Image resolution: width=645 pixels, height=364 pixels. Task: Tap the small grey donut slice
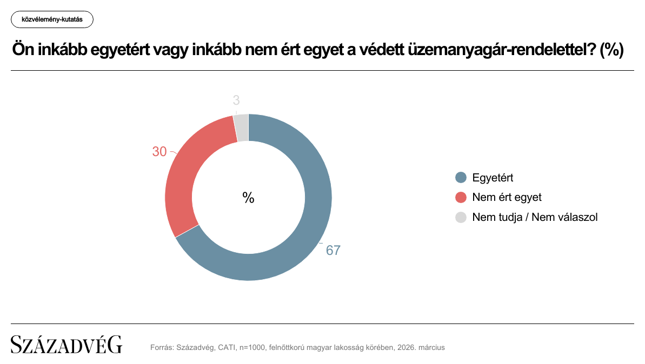[242, 127]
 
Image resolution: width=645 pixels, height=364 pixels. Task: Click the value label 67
[333, 251]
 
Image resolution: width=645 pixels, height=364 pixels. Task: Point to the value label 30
[159, 152]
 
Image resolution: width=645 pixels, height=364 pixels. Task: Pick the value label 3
[236, 100]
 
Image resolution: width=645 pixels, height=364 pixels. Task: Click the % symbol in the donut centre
[248, 198]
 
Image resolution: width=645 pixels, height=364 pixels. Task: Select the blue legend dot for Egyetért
[461, 178]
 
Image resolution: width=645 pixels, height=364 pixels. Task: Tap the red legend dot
[461, 197]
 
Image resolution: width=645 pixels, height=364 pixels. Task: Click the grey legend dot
[461, 217]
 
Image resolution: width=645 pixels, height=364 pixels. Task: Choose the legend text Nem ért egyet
[507, 197]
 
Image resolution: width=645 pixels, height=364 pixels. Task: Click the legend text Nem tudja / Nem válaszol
[535, 217]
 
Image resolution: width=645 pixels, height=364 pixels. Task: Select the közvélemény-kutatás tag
[52, 19]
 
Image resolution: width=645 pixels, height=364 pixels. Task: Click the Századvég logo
[67, 345]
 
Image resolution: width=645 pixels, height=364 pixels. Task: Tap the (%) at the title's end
[612, 50]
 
